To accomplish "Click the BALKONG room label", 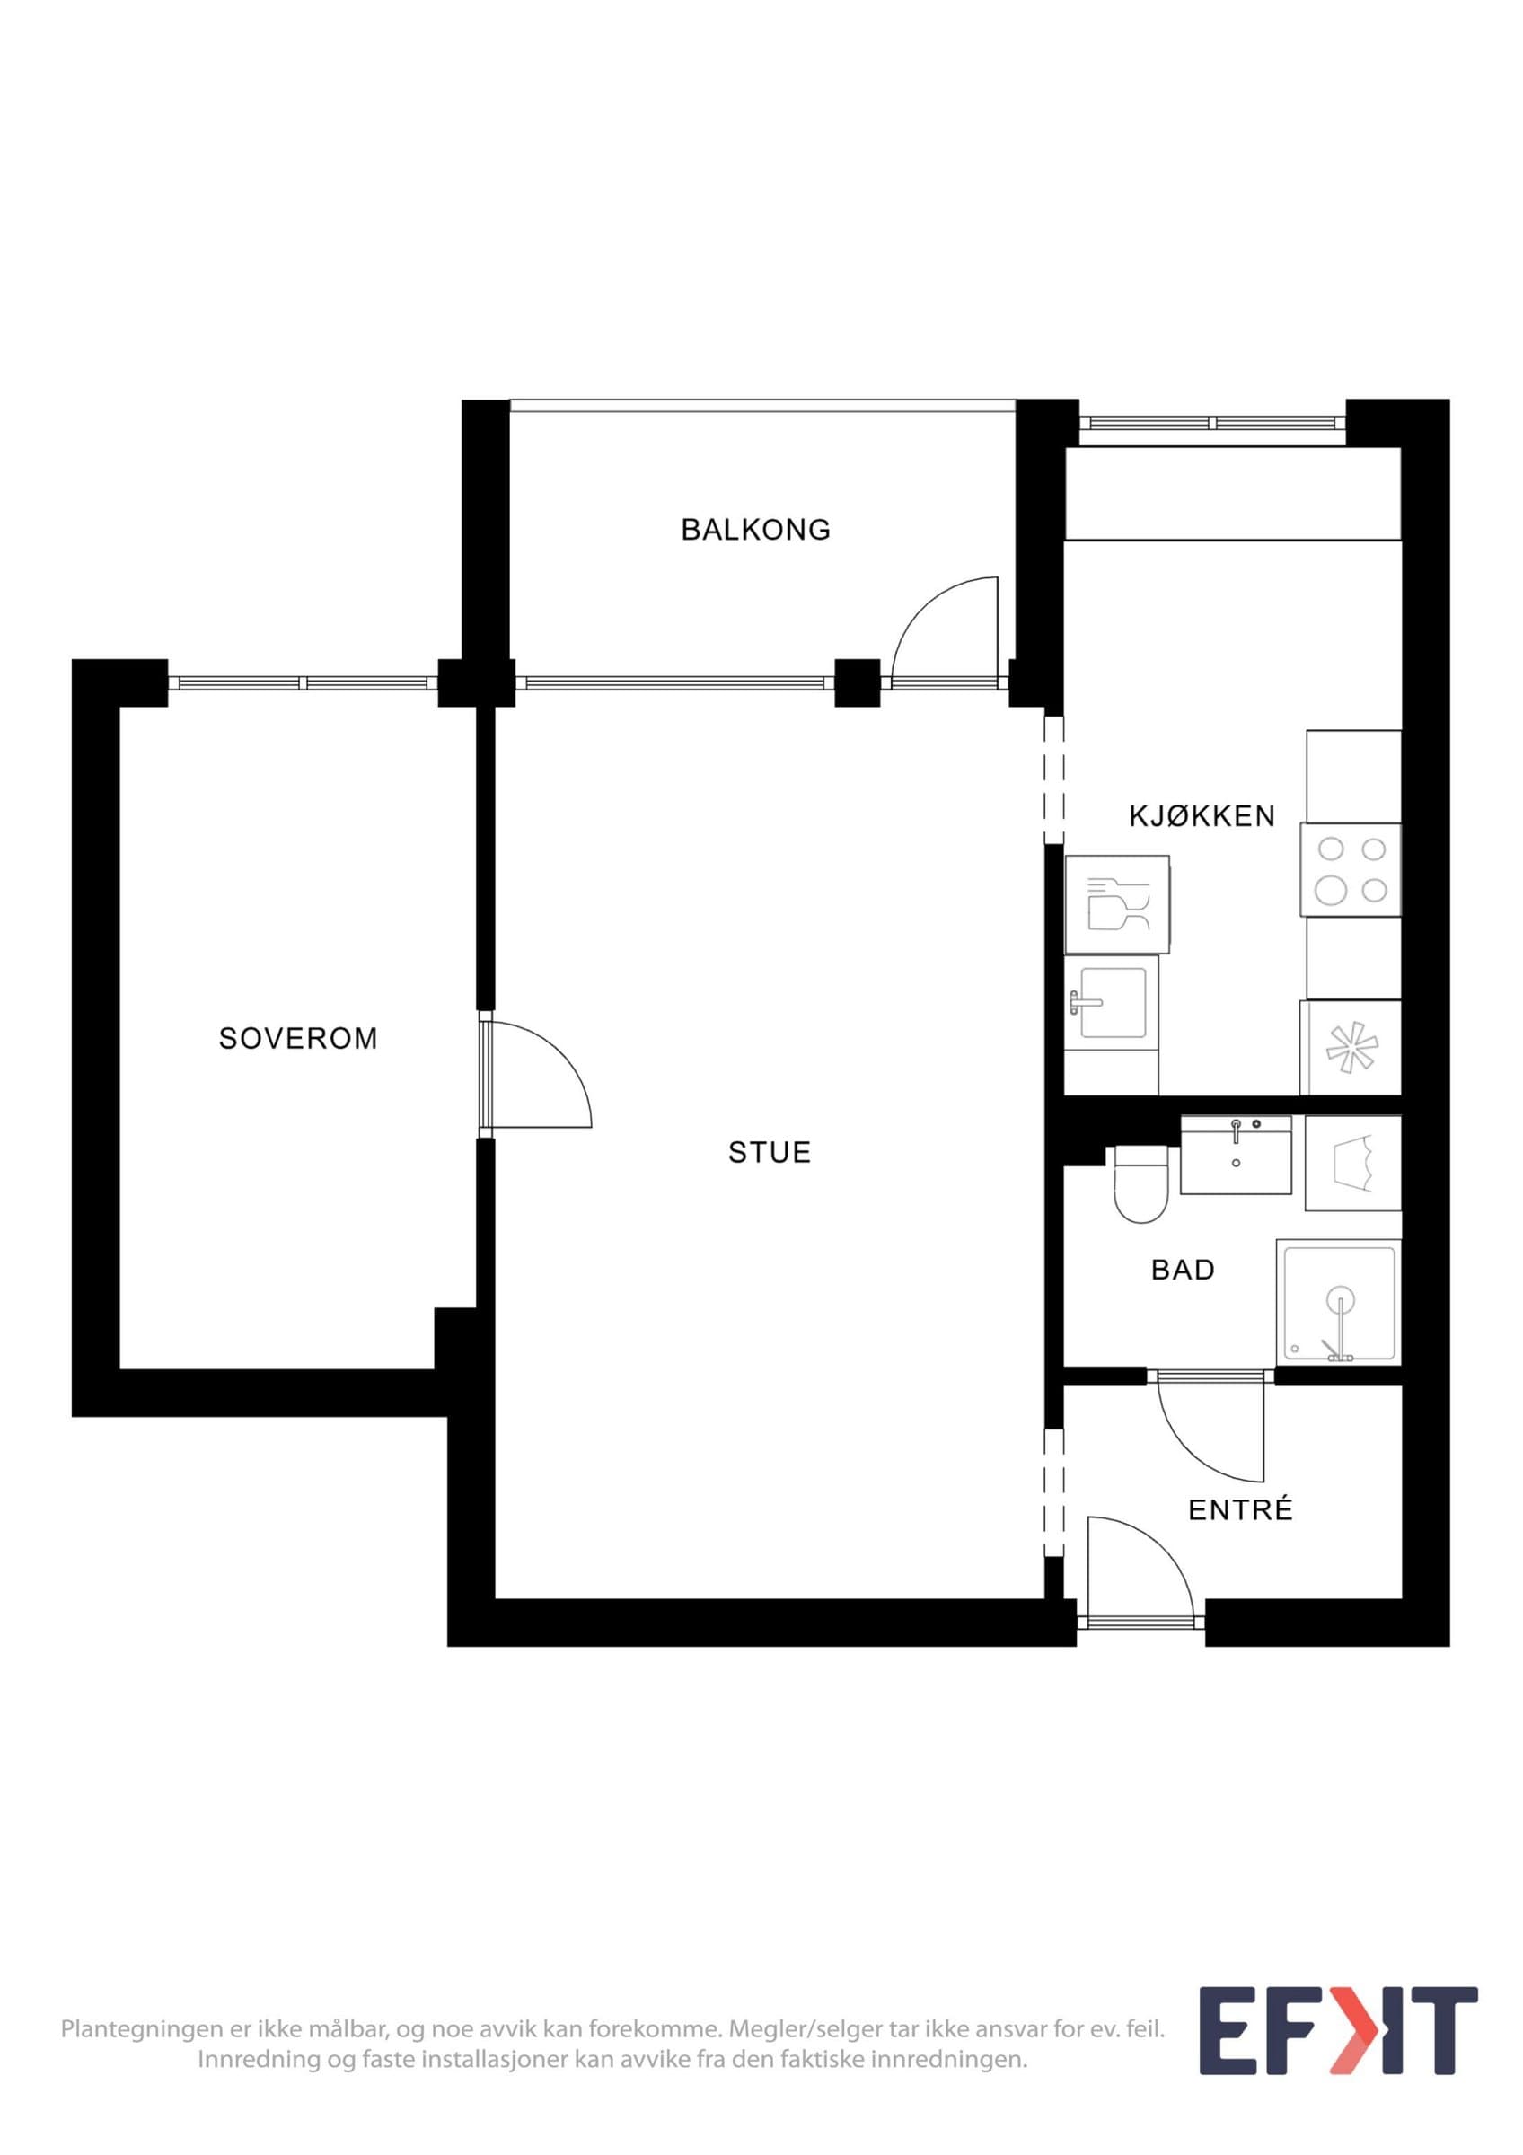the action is (755, 531).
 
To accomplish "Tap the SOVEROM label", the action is (298, 1038).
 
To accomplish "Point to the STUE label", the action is (770, 1153).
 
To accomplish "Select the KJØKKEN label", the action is (1202, 815).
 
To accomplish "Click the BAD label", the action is (1183, 1270).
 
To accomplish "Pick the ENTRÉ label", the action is (1240, 1509).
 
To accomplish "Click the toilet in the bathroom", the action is (1140, 1183).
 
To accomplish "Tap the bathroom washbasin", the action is (1236, 1155).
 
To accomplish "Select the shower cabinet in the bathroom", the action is (1338, 1302).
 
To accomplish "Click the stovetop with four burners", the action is (1351, 869).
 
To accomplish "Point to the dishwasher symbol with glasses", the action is (1117, 904).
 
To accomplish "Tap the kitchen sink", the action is (1112, 1002).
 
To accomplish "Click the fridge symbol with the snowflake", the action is (1351, 1048).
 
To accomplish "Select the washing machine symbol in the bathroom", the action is (1353, 1163).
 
